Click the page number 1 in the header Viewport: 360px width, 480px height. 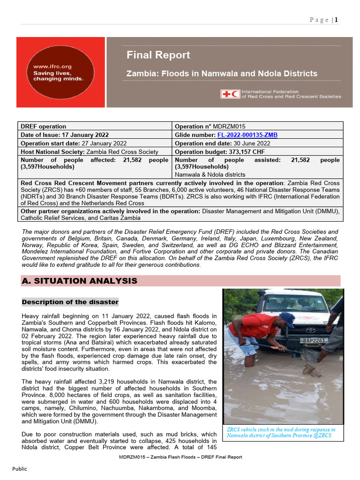tap(336, 20)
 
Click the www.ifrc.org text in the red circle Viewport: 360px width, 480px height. tap(52, 67)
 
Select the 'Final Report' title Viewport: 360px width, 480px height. tap(158, 55)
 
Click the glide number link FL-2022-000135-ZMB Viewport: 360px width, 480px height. tap(247, 135)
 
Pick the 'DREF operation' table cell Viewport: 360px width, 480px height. tap(43, 127)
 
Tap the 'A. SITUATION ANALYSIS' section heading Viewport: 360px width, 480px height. tap(79, 281)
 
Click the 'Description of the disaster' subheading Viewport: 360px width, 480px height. tap(70, 302)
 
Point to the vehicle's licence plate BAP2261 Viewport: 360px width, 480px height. tap(314, 340)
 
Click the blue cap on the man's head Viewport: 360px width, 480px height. tap(287, 318)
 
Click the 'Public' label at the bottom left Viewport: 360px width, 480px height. tap(19, 469)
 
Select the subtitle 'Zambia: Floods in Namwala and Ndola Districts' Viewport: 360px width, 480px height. tap(222, 74)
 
